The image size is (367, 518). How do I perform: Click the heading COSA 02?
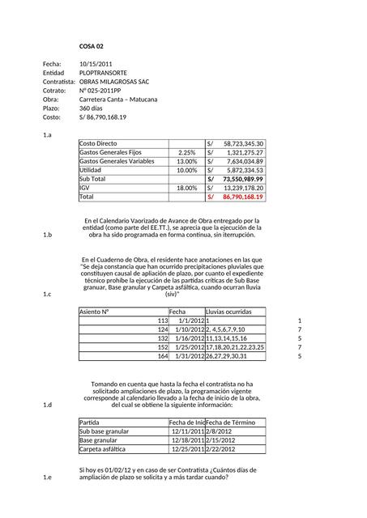(x=91, y=47)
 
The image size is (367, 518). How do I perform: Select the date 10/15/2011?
(x=96, y=63)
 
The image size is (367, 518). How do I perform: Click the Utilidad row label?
(x=91, y=170)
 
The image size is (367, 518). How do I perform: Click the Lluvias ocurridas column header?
(x=229, y=312)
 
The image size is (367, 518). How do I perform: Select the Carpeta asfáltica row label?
(x=102, y=448)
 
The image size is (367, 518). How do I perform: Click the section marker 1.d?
(x=47, y=404)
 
